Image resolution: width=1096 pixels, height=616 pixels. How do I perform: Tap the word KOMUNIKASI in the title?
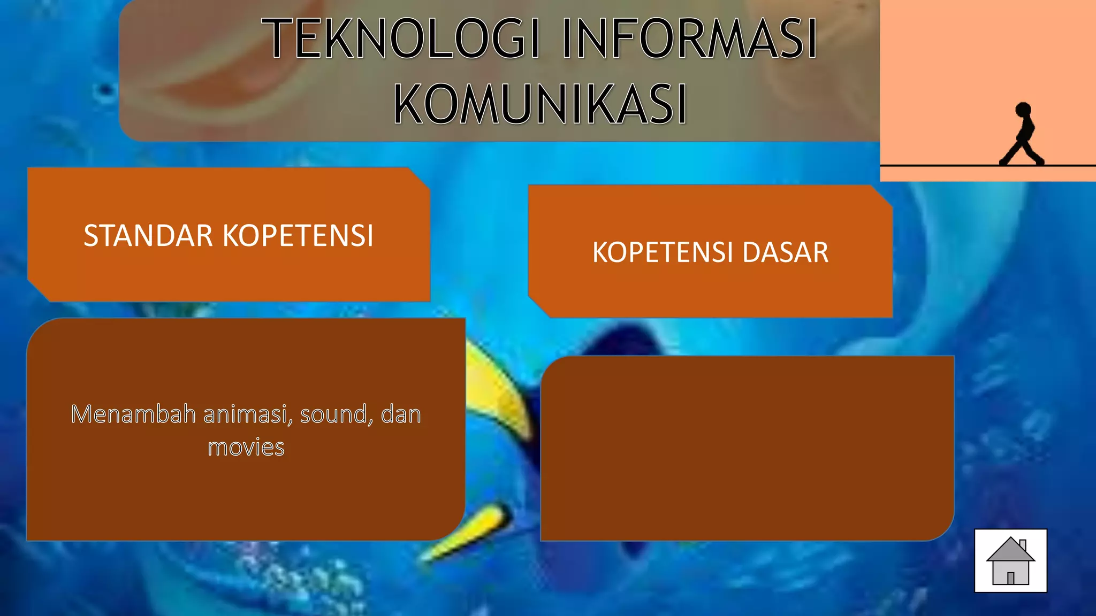tap(540, 104)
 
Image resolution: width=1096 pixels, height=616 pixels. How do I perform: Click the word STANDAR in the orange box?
tap(148, 235)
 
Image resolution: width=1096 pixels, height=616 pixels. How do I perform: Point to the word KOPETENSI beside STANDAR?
tap(298, 235)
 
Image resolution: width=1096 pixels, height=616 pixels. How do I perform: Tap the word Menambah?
tap(133, 414)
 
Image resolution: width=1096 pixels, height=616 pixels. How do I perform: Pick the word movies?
tap(246, 447)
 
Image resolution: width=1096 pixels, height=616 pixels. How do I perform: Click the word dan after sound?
tap(401, 414)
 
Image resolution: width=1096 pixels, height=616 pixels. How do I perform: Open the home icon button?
tap(1010, 560)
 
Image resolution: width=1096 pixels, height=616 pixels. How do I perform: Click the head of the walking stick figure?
tap(1023, 110)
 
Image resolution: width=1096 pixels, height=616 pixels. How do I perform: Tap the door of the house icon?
tap(1011, 578)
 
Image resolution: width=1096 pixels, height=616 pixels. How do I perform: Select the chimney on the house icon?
tap(1023, 545)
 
